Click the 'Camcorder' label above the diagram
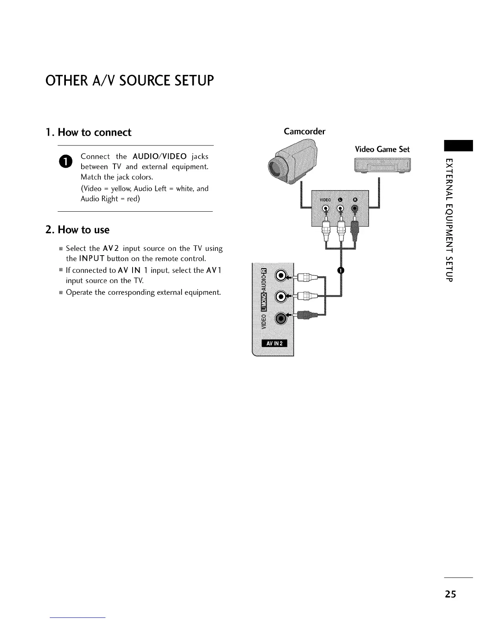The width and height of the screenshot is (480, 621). [304, 131]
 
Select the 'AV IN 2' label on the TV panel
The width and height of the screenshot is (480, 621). [274, 344]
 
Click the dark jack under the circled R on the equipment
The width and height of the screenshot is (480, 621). [355, 209]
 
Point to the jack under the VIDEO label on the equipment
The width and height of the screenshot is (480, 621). [325, 209]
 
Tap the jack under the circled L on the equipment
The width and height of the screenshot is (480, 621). [340, 209]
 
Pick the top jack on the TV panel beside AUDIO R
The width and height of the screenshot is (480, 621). [282, 276]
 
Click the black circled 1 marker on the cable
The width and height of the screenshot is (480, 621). [341, 271]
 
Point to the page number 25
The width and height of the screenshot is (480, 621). [450, 594]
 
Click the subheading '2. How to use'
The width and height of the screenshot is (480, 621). [78, 230]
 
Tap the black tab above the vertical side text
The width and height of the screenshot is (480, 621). [458, 145]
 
